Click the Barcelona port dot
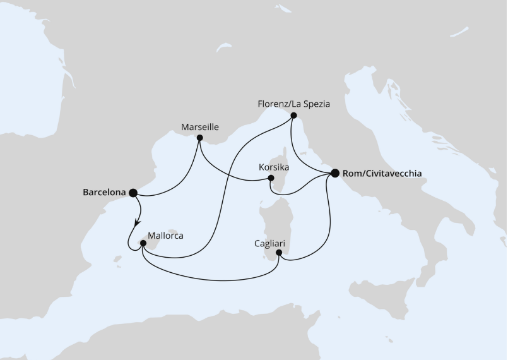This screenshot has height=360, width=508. (133, 193)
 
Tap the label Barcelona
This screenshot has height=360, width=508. (104, 193)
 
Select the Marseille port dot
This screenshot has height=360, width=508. (199, 138)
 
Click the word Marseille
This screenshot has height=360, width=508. (199, 127)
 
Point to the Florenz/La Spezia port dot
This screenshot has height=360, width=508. (293, 115)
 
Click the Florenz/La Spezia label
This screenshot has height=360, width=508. (294, 104)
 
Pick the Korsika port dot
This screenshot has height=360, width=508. (271, 179)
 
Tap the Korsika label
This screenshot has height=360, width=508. (274, 168)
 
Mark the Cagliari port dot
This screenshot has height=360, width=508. (279, 253)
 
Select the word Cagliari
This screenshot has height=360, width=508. (268, 242)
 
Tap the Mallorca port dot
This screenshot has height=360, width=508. (143, 243)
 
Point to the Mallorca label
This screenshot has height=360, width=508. (165, 236)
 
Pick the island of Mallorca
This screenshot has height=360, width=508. (151, 243)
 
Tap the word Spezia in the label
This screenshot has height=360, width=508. (316, 104)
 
